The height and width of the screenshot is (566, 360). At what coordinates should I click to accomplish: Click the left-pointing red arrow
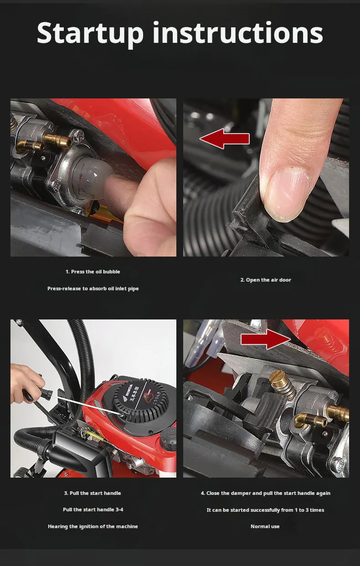coord(225,139)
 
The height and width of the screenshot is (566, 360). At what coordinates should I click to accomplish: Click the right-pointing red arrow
coord(265,339)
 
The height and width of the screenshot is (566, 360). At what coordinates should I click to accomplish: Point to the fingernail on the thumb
coord(288,195)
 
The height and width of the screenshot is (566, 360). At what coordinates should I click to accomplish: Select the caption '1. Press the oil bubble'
coord(93,272)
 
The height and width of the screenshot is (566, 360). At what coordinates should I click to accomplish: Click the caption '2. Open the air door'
coord(266,280)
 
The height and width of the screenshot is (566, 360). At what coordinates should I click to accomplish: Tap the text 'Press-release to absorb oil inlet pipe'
coord(93,288)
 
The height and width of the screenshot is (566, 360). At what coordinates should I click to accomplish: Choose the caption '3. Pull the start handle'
coord(93,493)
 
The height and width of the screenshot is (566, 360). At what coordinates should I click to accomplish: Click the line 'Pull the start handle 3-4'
coord(93,509)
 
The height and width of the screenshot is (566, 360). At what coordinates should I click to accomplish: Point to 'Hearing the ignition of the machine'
coord(93,526)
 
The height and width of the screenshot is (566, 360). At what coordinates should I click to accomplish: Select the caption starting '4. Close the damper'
coord(266,493)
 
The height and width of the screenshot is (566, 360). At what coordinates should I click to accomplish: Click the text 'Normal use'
coord(265,526)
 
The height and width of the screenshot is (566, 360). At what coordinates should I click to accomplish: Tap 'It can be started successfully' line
coord(265,510)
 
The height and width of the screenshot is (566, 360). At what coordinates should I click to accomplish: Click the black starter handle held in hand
coord(38,393)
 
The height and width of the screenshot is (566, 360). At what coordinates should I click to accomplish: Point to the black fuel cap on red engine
coord(168,439)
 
